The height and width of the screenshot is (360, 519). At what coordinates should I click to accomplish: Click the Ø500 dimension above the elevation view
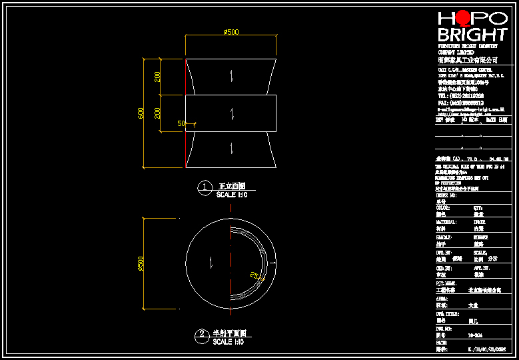pyautogui.click(x=231, y=32)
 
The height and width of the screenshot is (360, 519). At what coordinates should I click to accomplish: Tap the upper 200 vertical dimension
pyautogui.click(x=158, y=77)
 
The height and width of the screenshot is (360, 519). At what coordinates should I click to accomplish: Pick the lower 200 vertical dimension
pyautogui.click(x=158, y=113)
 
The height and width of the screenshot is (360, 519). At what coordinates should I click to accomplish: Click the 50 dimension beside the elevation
pyautogui.click(x=180, y=123)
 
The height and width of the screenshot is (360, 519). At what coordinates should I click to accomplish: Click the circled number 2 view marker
pyautogui.click(x=201, y=335)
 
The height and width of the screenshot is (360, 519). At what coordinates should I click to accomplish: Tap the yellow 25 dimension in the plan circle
pyautogui.click(x=254, y=274)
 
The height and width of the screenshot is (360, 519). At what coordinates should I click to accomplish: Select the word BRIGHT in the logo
pyautogui.click(x=472, y=35)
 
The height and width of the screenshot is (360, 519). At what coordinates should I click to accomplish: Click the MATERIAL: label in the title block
pyautogui.click(x=446, y=222)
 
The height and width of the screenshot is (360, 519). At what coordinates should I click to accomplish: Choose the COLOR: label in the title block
pyautogui.click(x=442, y=207)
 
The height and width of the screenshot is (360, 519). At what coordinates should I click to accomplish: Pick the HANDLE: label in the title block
pyautogui.click(x=444, y=237)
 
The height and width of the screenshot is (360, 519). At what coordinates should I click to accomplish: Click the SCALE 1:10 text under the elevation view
pyautogui.click(x=232, y=195)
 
